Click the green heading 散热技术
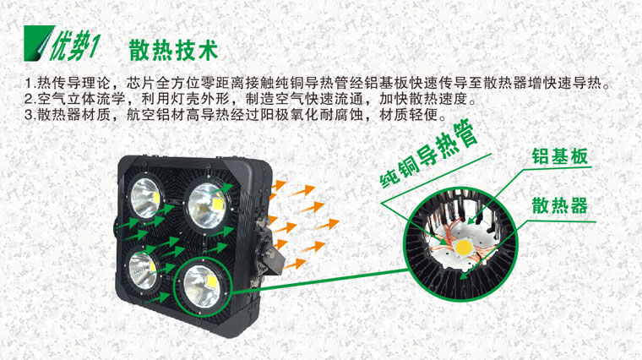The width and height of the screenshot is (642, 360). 173,51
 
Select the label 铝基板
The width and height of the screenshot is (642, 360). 559,156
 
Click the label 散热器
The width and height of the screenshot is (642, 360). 559,205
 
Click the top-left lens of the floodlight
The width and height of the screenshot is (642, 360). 145,199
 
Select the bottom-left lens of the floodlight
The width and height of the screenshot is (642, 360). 144,270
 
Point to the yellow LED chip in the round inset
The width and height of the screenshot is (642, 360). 464,247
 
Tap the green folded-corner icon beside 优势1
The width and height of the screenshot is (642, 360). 38,43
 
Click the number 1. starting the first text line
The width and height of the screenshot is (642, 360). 30,83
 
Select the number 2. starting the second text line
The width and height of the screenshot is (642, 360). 30,99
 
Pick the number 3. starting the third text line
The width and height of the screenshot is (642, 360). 30,115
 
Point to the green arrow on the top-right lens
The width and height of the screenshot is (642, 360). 222,188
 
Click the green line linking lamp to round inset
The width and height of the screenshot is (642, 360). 320,281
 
